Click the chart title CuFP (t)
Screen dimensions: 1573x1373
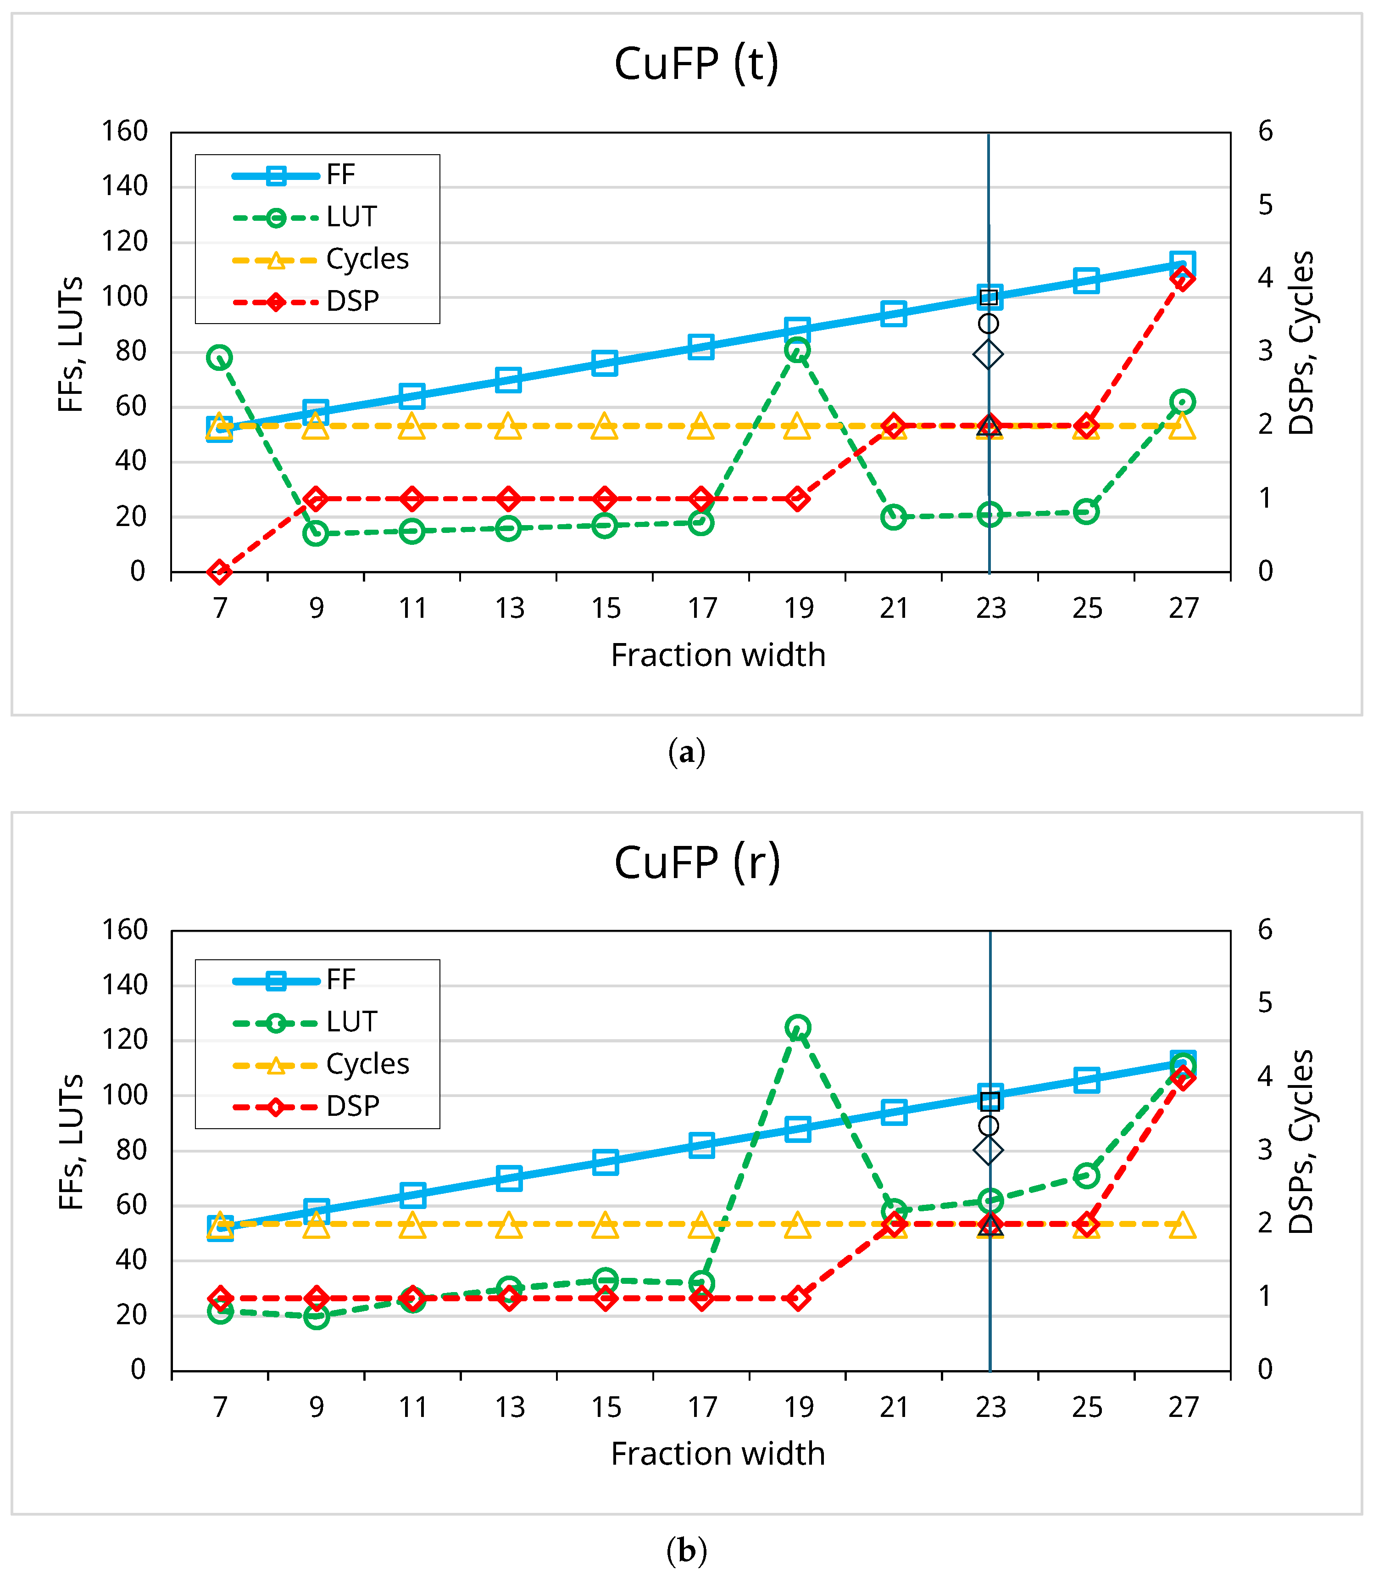[696, 64]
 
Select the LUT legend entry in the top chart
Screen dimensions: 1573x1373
[351, 218]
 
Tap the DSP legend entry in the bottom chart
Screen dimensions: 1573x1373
[352, 1106]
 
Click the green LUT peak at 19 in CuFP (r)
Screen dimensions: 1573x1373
[798, 1027]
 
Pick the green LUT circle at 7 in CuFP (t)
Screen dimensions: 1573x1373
[220, 357]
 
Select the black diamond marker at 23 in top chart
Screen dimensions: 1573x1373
[989, 354]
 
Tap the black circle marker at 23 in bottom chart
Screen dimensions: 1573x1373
[989, 1126]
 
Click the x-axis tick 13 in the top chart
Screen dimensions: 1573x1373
[509, 609]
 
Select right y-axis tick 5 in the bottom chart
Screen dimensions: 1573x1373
[1265, 1002]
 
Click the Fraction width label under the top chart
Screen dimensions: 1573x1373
[718, 655]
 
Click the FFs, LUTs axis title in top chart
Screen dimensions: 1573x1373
[71, 345]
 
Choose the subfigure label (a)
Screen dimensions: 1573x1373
[686, 752]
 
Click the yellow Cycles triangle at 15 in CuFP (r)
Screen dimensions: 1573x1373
[605, 1225]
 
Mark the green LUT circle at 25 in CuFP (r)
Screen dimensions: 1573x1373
[1086, 1175]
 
